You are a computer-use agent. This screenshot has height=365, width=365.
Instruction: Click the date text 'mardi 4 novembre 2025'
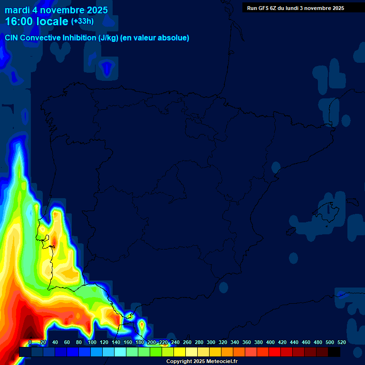(x=56, y=10)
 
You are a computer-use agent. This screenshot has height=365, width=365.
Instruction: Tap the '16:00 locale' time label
(x=37, y=21)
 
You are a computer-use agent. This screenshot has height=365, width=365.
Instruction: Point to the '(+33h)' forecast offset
(x=82, y=21)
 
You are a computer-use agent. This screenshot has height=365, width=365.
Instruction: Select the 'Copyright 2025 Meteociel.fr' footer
(x=202, y=362)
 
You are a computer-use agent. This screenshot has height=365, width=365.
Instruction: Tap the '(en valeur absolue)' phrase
(x=155, y=38)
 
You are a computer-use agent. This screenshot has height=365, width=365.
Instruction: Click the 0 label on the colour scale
(x=30, y=342)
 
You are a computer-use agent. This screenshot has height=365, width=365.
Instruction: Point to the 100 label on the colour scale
(x=92, y=342)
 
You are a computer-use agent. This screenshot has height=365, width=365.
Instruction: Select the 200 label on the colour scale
(x=151, y=342)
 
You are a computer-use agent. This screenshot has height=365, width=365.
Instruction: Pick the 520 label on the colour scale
(x=341, y=342)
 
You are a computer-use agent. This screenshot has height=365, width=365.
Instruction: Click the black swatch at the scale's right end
(x=334, y=352)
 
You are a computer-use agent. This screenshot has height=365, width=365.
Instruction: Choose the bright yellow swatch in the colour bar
(x=179, y=352)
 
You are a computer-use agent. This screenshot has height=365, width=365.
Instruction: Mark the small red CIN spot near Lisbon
(x=53, y=245)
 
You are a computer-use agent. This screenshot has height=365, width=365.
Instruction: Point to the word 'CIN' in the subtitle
(x=12, y=38)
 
